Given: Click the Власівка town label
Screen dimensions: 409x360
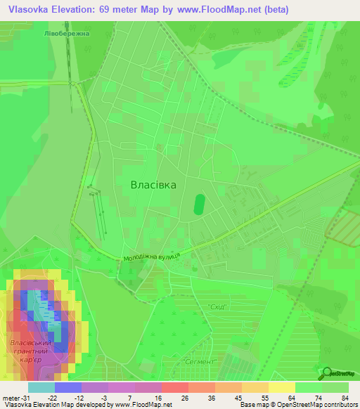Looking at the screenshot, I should pyautogui.click(x=153, y=184).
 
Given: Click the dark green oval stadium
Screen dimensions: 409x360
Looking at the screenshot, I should pyautogui.click(x=199, y=204).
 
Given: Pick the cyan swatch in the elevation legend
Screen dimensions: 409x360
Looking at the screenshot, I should pyautogui.click(x=41, y=387).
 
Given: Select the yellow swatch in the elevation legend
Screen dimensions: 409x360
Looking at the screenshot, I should pyautogui.click(x=281, y=387).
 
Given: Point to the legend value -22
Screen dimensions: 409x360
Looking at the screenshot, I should pyautogui.click(x=52, y=398).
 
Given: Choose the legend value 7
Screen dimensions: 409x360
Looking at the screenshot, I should pyautogui.click(x=131, y=398).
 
